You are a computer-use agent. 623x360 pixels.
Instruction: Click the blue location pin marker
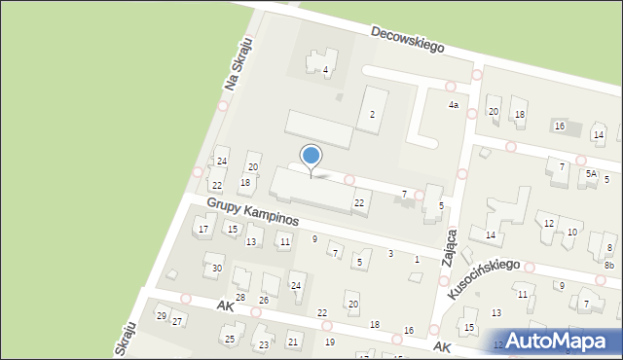(x=311, y=157)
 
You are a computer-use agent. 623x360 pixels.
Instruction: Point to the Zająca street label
(x=450, y=247)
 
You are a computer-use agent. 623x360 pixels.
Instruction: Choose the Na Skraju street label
(x=238, y=65)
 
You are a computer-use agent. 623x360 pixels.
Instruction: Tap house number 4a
(x=453, y=105)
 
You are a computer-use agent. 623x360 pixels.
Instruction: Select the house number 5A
(x=591, y=174)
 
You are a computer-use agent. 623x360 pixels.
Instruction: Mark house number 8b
(x=609, y=265)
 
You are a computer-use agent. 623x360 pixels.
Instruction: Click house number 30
(x=217, y=269)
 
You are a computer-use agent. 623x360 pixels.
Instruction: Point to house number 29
(x=162, y=315)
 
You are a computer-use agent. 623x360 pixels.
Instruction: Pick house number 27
(x=177, y=321)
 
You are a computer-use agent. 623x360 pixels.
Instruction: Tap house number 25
(x=230, y=339)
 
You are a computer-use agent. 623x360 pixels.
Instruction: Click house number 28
(x=240, y=297)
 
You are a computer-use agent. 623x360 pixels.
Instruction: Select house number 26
(x=263, y=300)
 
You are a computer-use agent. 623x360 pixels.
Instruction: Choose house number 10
(x=572, y=232)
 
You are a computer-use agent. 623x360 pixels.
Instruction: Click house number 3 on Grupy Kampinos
(x=390, y=254)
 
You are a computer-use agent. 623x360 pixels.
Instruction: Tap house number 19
(x=330, y=342)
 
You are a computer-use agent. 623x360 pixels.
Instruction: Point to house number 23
(x=263, y=345)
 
